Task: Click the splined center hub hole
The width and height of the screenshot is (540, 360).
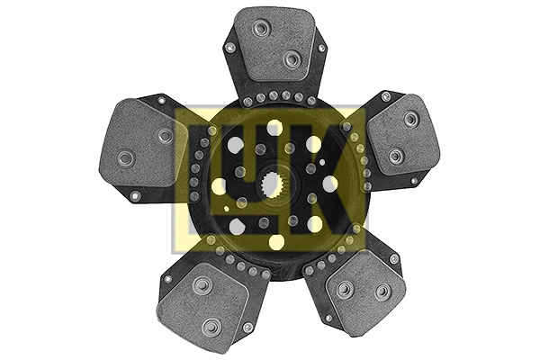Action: pos(269,188)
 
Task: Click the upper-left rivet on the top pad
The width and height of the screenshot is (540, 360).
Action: pos(262,29)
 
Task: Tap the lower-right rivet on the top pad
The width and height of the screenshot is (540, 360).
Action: pos(291,59)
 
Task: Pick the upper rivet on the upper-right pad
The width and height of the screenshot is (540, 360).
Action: pos(410,118)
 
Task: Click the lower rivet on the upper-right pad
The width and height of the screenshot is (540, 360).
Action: pos(395,157)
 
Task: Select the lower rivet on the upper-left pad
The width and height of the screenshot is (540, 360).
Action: pos(126,158)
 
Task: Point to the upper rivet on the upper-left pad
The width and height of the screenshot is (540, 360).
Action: pos(165,136)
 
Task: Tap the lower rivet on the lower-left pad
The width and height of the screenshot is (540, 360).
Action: pos(211,325)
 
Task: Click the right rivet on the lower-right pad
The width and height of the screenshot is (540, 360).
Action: pos(382,292)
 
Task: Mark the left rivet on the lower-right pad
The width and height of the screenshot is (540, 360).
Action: pos(344,289)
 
